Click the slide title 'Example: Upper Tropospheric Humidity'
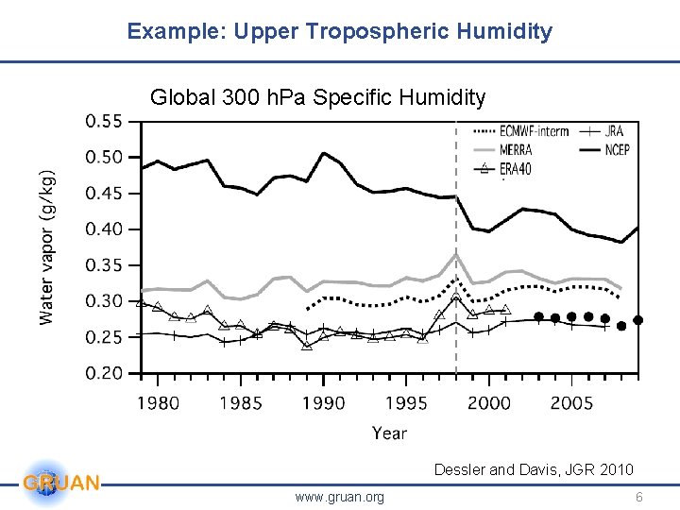point(340,31)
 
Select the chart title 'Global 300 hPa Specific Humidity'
point(318,97)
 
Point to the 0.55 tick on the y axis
point(105,122)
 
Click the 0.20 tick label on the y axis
point(105,374)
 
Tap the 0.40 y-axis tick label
point(105,229)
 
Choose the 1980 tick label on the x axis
point(158,403)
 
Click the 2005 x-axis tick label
point(571,403)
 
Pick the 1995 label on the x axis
point(406,403)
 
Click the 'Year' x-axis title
point(389,433)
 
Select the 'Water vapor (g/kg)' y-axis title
point(47,247)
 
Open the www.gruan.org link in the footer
point(339,497)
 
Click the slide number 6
point(638,497)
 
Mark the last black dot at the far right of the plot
point(637,320)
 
